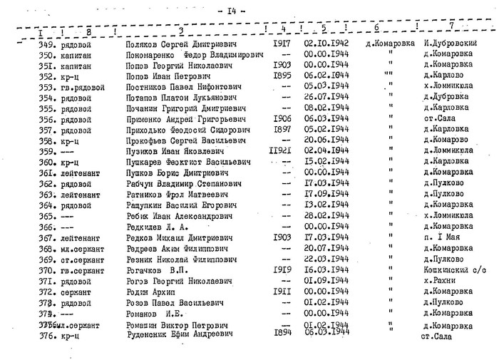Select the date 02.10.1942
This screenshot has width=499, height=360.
tap(324, 43)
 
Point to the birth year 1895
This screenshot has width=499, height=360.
tap(282, 75)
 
